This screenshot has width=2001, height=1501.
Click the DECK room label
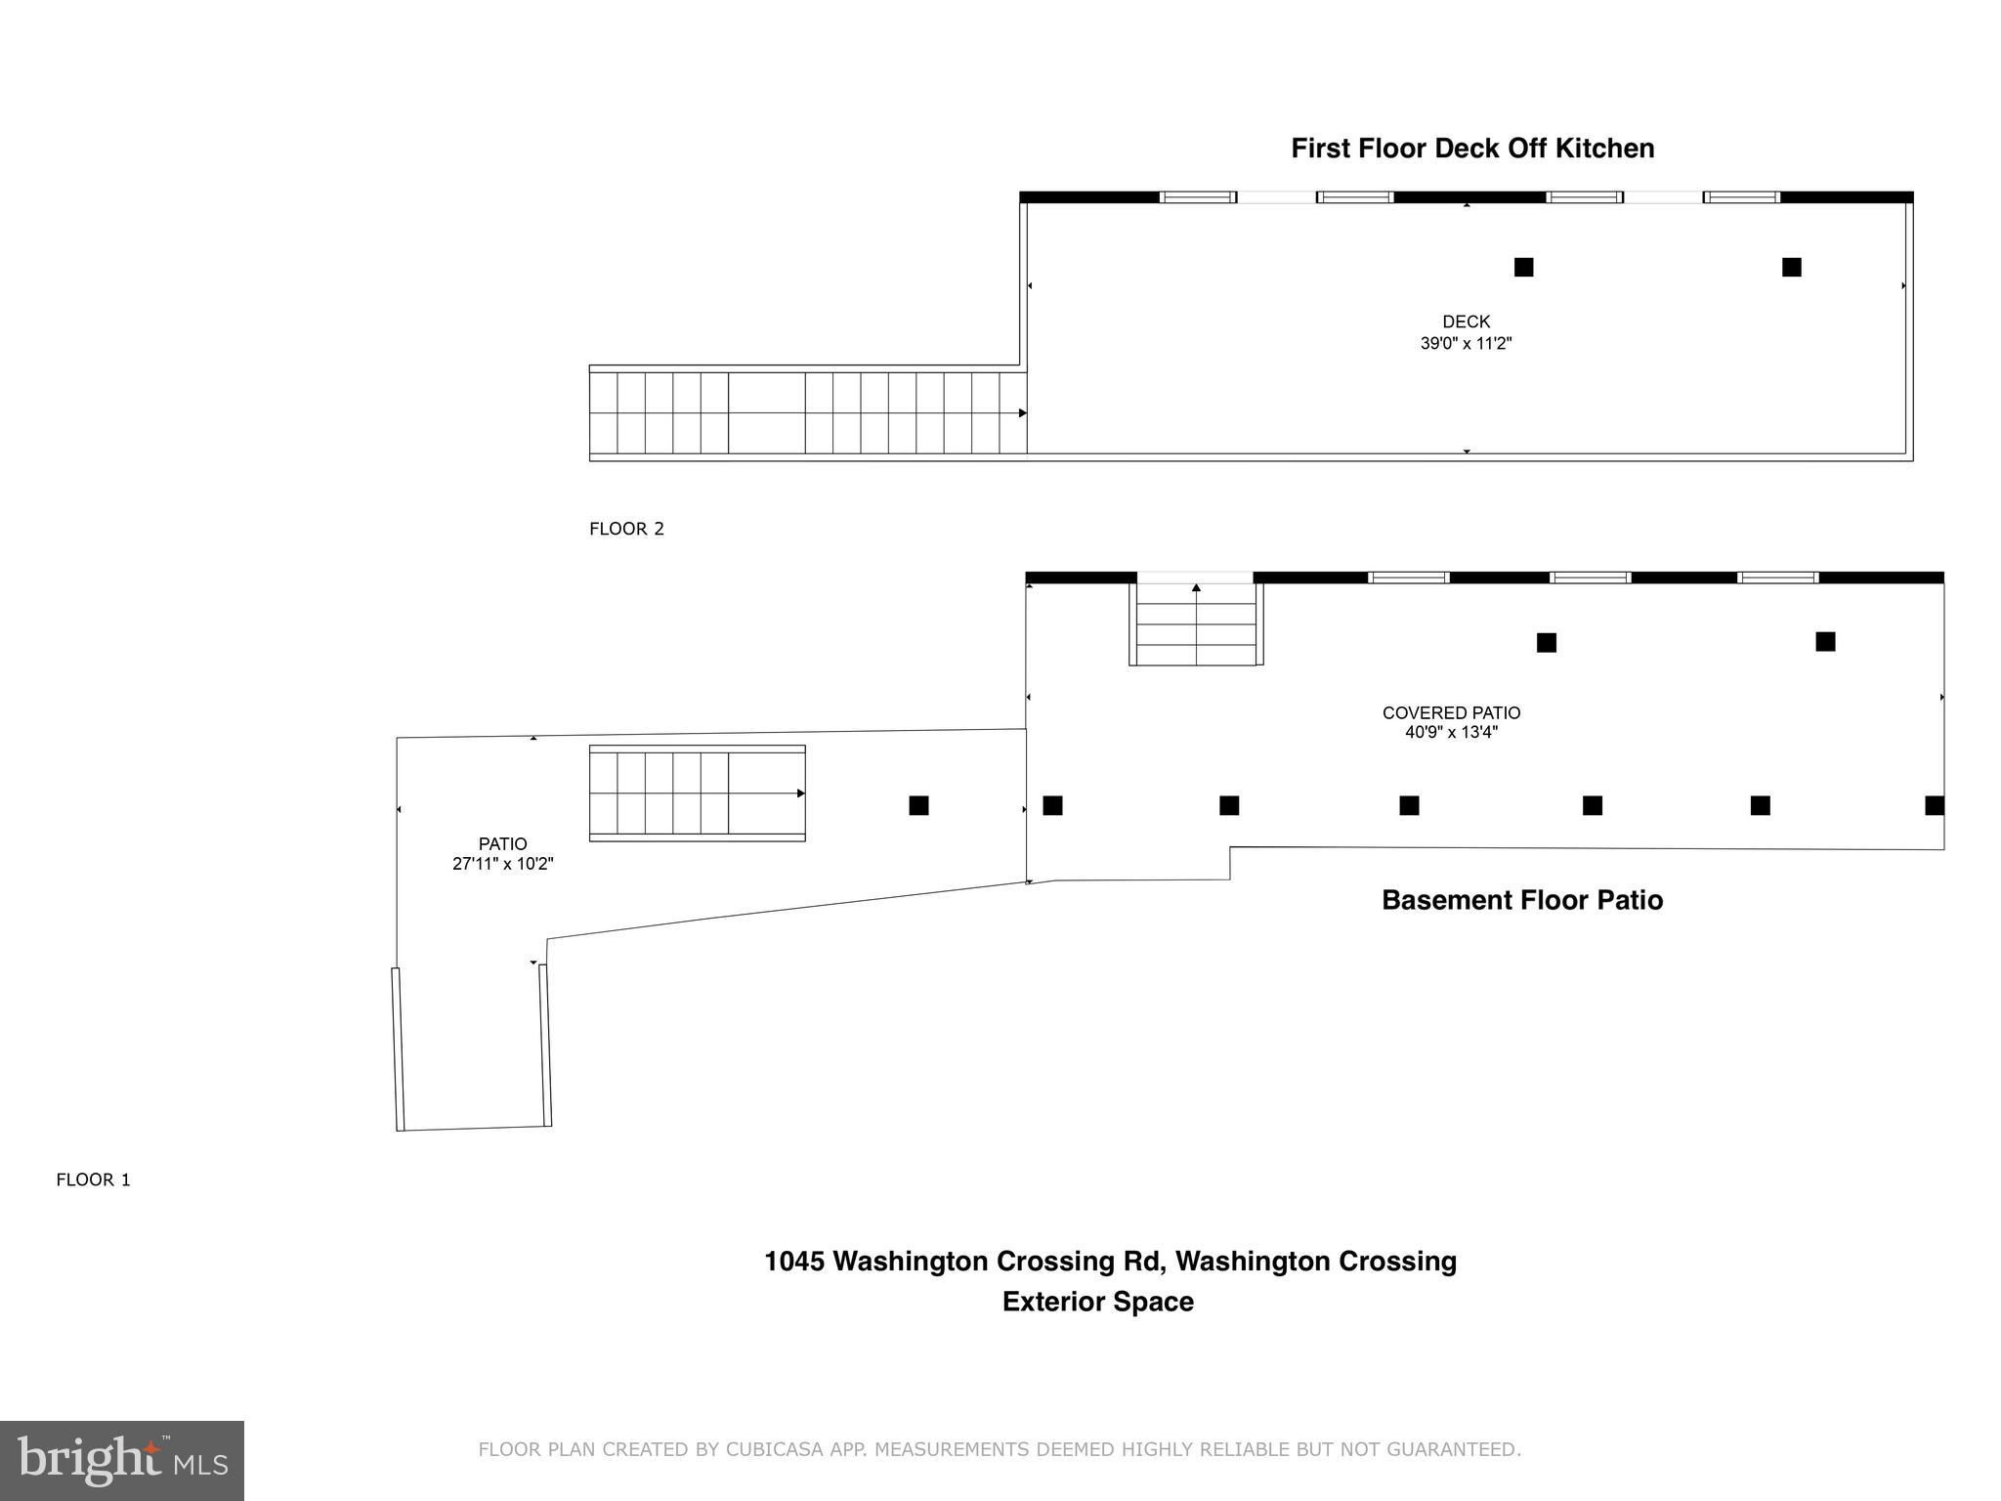point(1466,322)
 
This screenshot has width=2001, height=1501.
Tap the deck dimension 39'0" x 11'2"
point(1466,343)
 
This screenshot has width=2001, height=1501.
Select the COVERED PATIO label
point(1451,713)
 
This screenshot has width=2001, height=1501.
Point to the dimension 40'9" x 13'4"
point(1451,732)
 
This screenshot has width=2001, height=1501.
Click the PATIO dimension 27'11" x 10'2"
point(502,864)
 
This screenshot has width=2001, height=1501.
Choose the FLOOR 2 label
point(626,529)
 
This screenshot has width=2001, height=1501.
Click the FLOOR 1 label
point(93,1179)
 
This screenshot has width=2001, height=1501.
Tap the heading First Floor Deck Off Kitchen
point(1472,149)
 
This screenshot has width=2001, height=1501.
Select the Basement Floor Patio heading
point(1521,900)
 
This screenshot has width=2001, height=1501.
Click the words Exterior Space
point(1097,1302)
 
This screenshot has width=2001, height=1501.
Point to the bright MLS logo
point(122,1461)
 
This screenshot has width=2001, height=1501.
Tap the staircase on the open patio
point(697,793)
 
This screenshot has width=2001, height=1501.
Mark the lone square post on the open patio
point(918,805)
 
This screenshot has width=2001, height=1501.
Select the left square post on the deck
point(1523,267)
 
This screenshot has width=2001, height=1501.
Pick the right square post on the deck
point(1791,267)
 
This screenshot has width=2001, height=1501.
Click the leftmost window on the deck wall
point(1198,197)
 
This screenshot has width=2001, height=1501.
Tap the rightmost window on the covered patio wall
point(1777,578)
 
